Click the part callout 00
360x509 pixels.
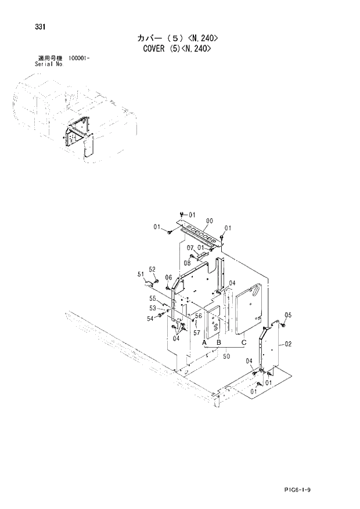tap(209, 221)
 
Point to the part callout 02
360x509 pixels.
tap(289, 344)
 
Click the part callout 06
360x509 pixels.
tap(168, 277)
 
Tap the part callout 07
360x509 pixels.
tap(190, 248)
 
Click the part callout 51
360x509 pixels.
tap(141, 273)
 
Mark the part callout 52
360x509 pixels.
tap(152, 269)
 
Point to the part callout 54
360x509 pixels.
tap(150, 319)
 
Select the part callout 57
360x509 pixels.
tap(197, 333)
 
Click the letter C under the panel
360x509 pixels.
tap(244, 343)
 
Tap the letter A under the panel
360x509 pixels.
tap(205, 344)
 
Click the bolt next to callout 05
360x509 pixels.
tap(282, 326)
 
